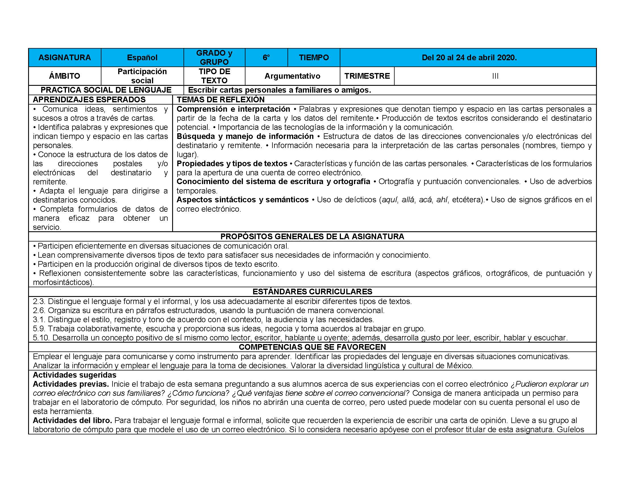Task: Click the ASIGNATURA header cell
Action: (x=64, y=57)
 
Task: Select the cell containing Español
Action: (x=142, y=57)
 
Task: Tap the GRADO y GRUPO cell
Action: (x=214, y=57)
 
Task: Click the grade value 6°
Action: (x=266, y=57)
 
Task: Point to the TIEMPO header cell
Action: (x=314, y=57)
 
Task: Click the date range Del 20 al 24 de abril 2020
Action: (x=469, y=57)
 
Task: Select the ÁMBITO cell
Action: (x=64, y=76)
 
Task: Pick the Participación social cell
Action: (x=142, y=76)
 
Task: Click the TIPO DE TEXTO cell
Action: (x=214, y=76)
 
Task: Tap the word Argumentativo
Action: (x=292, y=76)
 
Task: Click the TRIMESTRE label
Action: (x=367, y=76)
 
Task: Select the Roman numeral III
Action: (x=495, y=76)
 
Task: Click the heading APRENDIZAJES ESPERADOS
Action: (x=89, y=99)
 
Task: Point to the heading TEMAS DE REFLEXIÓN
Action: (x=220, y=99)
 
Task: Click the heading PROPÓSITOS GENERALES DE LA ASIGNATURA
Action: (x=312, y=236)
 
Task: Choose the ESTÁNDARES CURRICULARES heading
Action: (x=312, y=292)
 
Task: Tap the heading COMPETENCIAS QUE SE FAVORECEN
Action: (x=312, y=347)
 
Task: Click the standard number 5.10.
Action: (x=41, y=338)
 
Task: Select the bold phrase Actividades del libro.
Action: (x=72, y=420)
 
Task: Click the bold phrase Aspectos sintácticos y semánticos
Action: (x=242, y=200)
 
